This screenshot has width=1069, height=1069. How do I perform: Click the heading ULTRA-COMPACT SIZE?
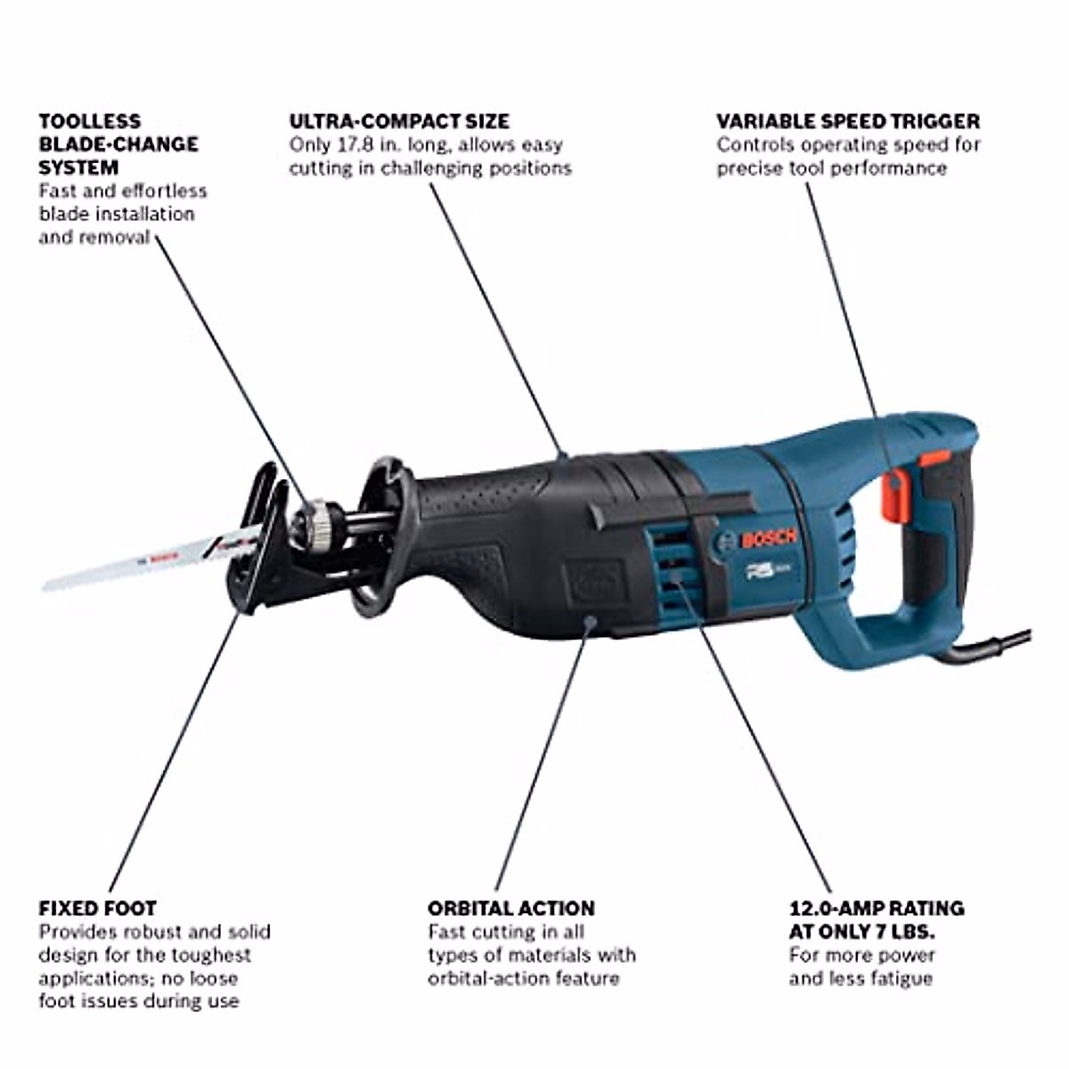tap(399, 121)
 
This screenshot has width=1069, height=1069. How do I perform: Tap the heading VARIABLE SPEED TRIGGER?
tap(848, 121)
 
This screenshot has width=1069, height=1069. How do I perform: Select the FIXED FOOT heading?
tap(97, 909)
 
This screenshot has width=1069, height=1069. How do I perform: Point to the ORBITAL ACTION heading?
tap(511, 909)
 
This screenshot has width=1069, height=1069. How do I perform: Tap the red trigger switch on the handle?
tap(894, 494)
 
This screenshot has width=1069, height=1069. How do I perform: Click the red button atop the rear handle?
tap(934, 458)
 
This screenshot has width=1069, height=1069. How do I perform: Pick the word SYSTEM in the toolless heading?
tap(78, 167)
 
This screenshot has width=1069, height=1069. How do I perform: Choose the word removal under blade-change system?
tap(115, 237)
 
